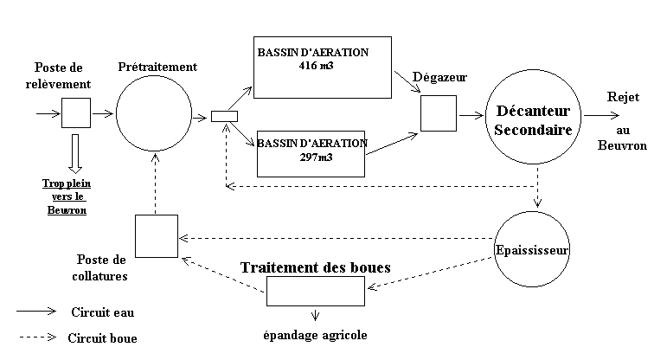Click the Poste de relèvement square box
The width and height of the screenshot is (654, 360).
(x=75, y=112)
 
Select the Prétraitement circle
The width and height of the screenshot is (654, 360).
(x=154, y=112)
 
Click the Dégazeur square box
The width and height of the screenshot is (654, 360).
(x=438, y=113)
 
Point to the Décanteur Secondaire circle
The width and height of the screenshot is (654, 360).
(x=531, y=113)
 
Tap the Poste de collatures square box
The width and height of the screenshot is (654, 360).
(x=156, y=235)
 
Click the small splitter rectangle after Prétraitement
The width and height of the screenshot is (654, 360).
(x=223, y=117)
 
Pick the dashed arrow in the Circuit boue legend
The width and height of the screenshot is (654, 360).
(x=36, y=337)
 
